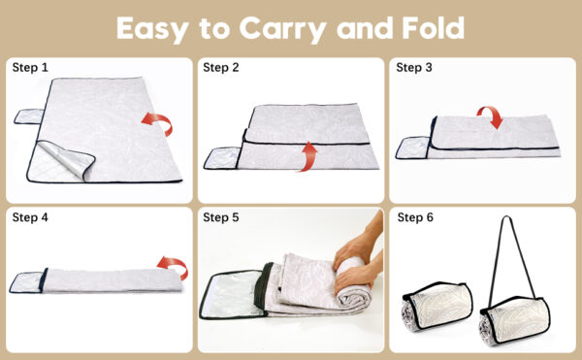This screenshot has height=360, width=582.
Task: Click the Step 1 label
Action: [30, 68]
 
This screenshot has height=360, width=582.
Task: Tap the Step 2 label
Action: [221, 68]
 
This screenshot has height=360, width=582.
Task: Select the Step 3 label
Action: [414, 68]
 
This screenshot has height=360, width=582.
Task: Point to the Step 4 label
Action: [30, 217]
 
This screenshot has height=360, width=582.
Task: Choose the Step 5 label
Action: [221, 217]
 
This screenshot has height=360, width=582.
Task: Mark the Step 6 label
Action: [415, 217]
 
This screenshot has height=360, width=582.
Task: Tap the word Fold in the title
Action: [433, 28]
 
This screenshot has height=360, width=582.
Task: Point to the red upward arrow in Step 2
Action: [308, 156]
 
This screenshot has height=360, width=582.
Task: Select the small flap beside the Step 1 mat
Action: [29, 116]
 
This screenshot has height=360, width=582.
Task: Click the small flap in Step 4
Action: [26, 282]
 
